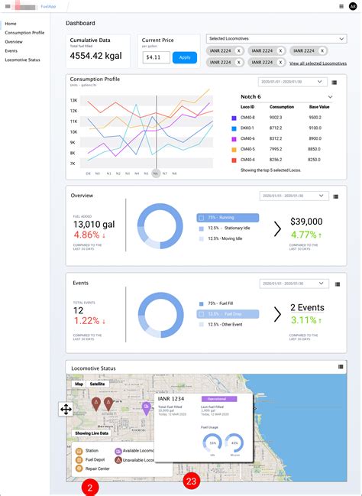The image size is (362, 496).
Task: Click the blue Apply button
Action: (184, 57)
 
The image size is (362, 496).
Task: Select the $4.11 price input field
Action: (156, 57)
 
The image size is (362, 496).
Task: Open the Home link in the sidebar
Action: (11, 24)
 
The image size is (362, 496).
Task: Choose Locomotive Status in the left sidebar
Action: (22, 59)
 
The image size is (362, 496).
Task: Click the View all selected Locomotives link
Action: (318, 63)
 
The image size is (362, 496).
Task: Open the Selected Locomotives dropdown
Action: (276, 38)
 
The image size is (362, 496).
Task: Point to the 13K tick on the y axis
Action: (73, 100)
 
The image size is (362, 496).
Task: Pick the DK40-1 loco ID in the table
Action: (248, 128)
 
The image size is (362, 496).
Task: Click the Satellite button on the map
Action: (97, 384)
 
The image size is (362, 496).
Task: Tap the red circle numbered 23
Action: (192, 481)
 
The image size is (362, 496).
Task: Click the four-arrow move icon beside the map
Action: (66, 409)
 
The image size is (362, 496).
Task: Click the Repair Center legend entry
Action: (95, 468)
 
